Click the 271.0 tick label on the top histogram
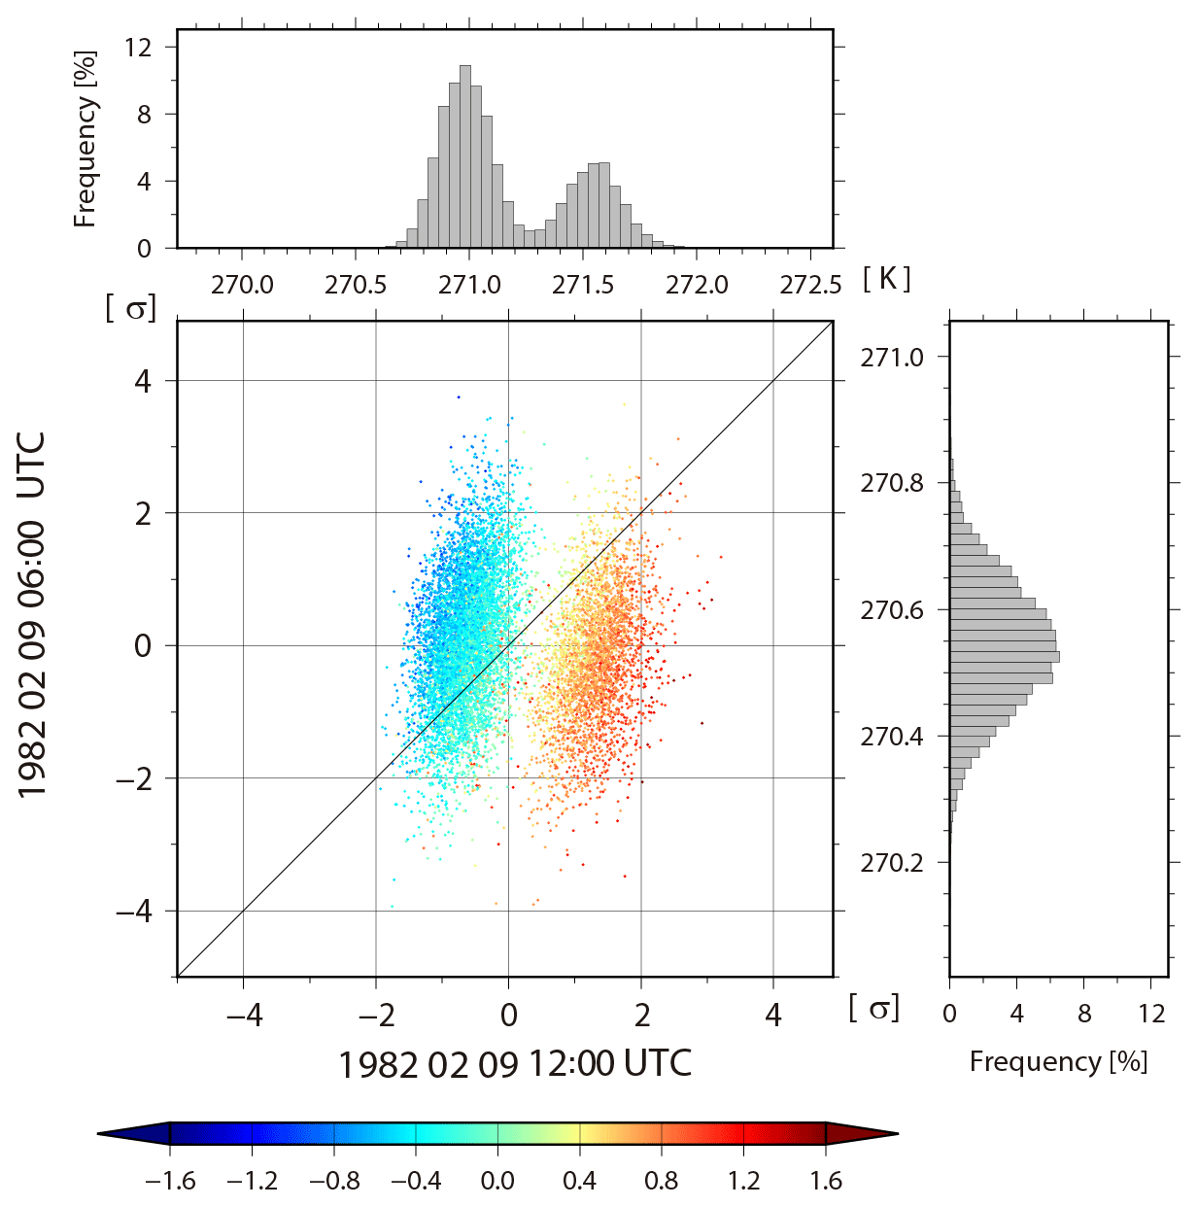click(469, 285)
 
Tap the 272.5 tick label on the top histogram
click(810, 285)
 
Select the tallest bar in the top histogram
click(464, 155)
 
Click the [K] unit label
click(886, 279)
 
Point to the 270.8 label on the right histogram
click(892, 483)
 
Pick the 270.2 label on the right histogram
click(892, 863)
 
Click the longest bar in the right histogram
click(1004, 657)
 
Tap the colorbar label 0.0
click(497, 1181)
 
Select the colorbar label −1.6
click(170, 1181)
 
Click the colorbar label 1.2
click(743, 1181)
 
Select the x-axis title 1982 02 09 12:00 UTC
click(514, 1064)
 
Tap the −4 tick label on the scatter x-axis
click(243, 1016)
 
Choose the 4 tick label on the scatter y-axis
click(143, 381)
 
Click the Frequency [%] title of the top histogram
click(86, 139)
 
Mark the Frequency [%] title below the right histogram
click(1058, 1061)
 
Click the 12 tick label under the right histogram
click(1151, 1014)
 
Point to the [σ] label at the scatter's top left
click(130, 309)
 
